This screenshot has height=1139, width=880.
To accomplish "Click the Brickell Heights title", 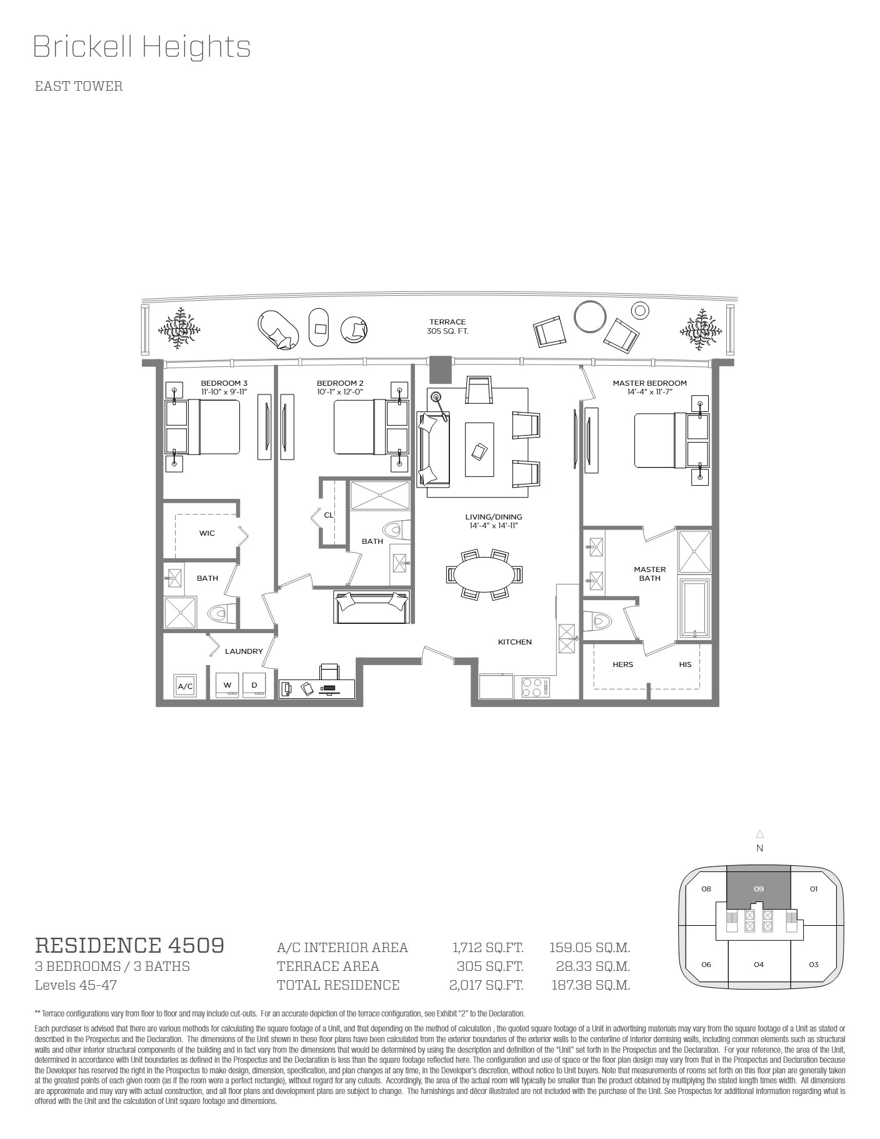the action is [142, 48].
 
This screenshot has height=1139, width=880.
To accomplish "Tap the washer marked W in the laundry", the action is [227, 685].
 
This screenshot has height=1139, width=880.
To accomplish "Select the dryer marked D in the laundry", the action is [254, 685].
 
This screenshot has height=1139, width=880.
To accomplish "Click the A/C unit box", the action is [186, 686].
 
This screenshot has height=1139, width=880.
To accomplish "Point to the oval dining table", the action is [484, 574].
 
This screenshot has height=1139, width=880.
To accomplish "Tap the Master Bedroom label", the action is [649, 383].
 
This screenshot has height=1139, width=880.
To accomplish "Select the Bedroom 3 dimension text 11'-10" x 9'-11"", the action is [224, 391].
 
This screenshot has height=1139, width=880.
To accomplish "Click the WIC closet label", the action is [207, 533].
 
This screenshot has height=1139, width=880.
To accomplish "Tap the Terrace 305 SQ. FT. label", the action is [447, 326].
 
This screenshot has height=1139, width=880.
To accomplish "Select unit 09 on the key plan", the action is [759, 889].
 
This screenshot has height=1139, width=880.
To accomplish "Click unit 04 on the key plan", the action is [759, 965].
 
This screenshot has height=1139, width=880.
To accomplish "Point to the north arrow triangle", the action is [759, 833].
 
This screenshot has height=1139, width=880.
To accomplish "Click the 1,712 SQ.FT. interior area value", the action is [487, 948].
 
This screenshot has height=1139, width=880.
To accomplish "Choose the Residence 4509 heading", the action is [129, 945].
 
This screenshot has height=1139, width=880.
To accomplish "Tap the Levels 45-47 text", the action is [76, 985].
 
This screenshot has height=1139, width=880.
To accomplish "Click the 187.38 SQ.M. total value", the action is [591, 985].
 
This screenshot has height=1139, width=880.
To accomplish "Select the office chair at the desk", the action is [329, 671].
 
